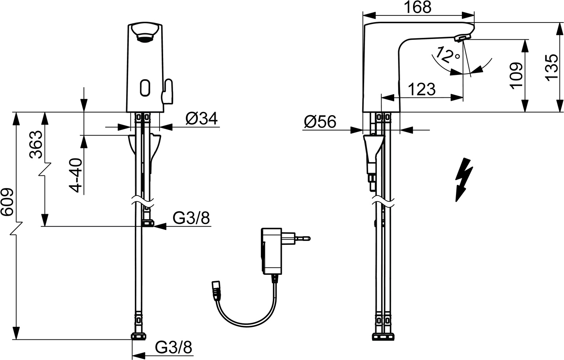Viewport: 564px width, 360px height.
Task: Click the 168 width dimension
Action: point(418,7)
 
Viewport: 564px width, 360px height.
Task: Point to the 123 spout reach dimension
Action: point(422,89)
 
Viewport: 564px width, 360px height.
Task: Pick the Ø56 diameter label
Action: point(320,122)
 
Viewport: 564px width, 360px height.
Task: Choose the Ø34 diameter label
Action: point(202,118)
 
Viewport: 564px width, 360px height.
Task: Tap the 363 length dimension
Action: point(36,145)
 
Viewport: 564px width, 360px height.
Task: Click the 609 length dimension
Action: point(7,201)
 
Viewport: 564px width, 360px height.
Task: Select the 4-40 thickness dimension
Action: point(76,175)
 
